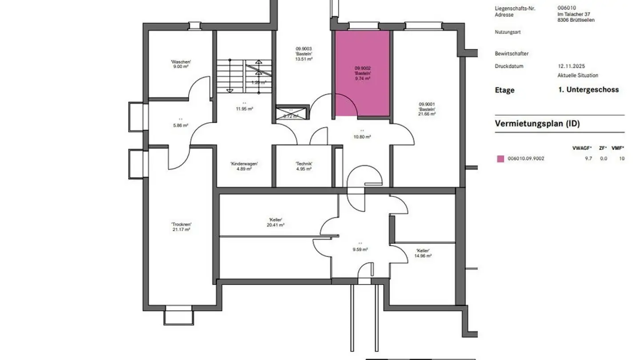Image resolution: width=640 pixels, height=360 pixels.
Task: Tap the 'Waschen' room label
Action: (181, 64)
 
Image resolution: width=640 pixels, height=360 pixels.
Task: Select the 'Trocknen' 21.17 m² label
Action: (181, 227)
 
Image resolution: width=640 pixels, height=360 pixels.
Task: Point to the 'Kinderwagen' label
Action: (244, 166)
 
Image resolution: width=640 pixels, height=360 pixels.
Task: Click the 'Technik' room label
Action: (304, 166)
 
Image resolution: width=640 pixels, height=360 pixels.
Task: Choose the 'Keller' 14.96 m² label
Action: (423, 253)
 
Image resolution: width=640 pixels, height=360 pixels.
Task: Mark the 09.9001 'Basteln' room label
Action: (427, 109)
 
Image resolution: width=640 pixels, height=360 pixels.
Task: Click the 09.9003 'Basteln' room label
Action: (304, 54)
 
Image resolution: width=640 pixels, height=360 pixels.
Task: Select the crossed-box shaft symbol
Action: (292, 113)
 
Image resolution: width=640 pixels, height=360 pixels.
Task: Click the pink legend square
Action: (501, 159)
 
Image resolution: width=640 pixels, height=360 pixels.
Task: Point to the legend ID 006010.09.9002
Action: (526, 159)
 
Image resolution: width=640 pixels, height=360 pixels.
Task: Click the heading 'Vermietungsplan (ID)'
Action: (537, 124)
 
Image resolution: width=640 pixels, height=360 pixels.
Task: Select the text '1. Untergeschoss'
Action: (588, 89)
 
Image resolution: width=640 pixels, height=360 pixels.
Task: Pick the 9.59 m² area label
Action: (360, 249)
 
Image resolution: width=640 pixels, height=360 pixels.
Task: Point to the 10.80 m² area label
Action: (362, 136)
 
